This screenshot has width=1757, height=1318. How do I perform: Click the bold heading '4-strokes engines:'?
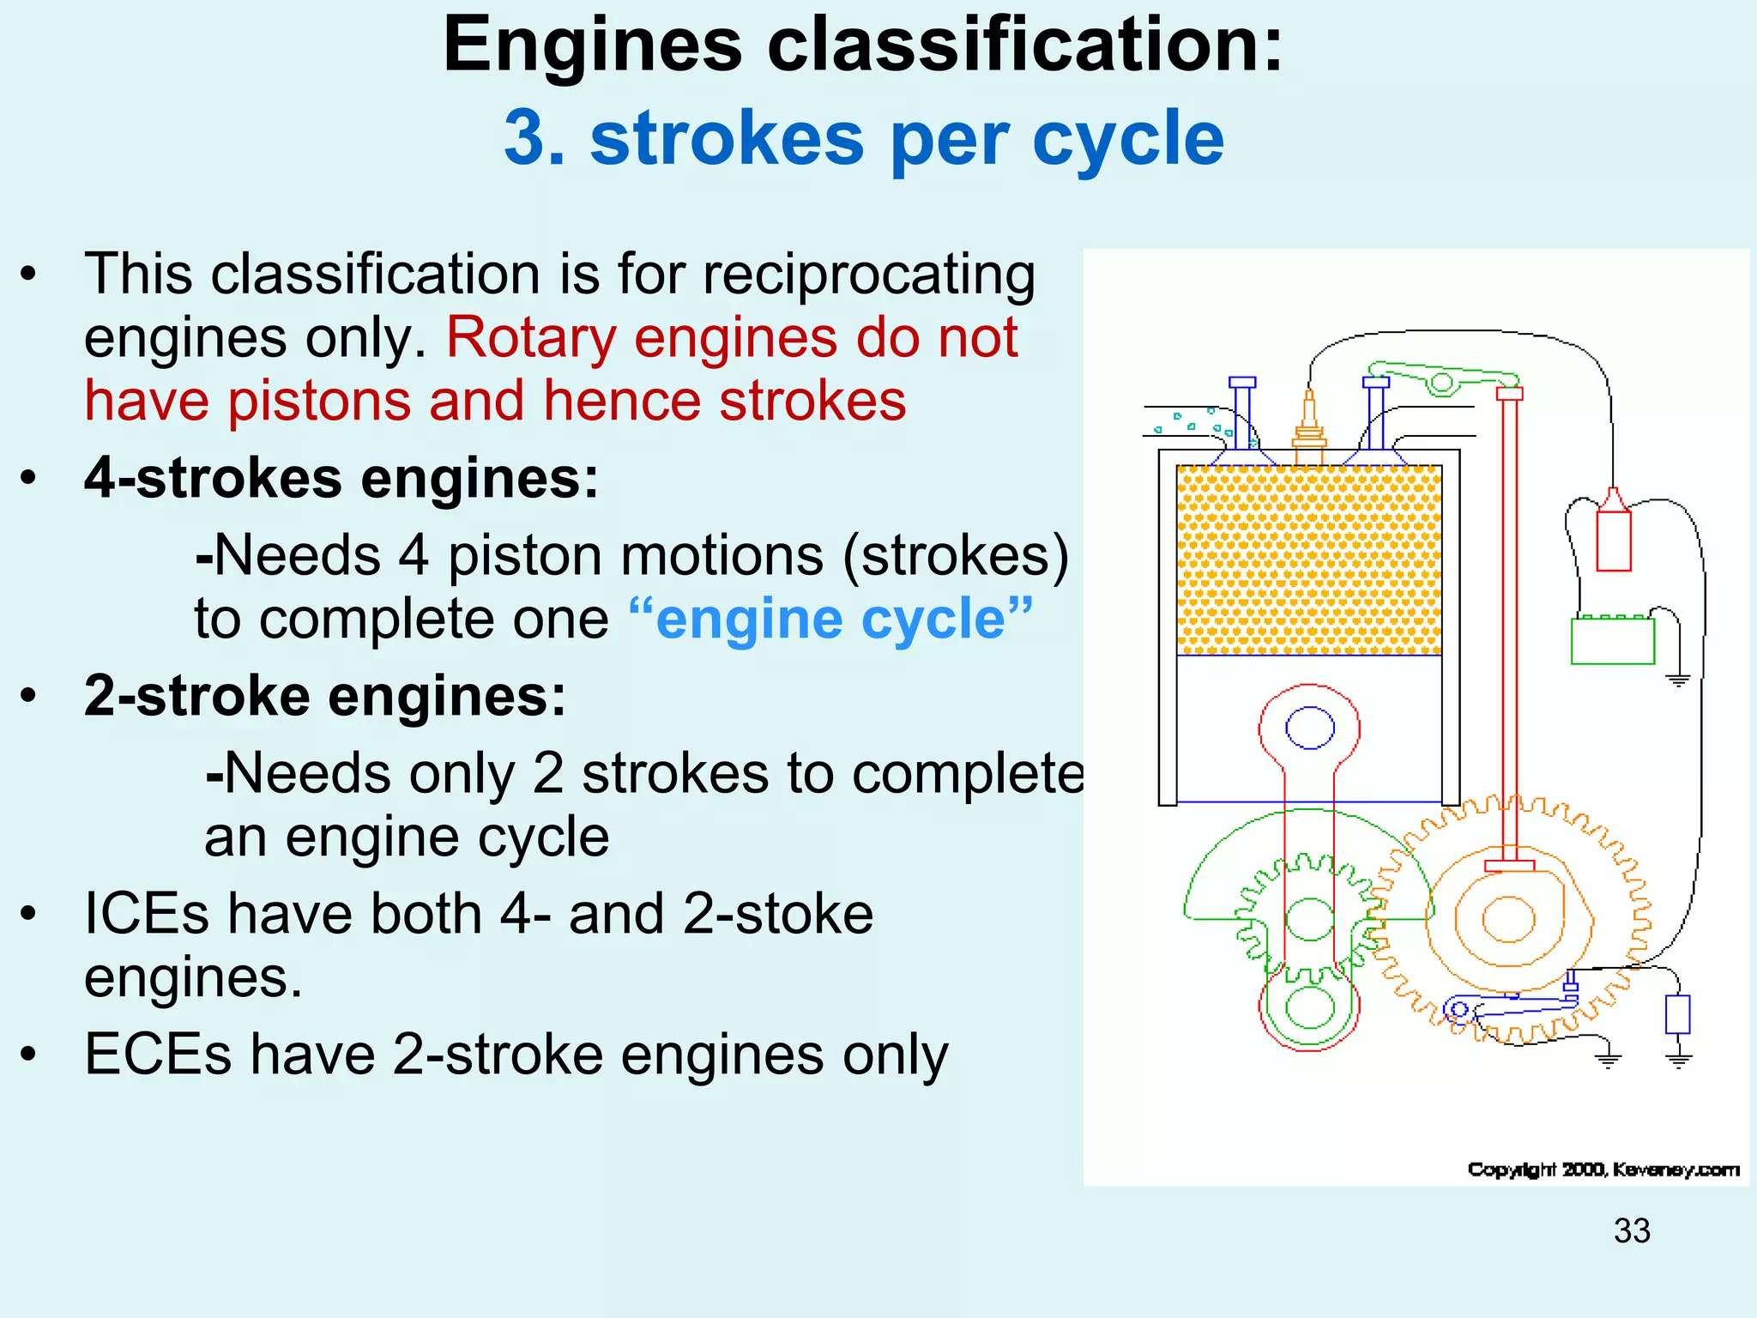(341, 478)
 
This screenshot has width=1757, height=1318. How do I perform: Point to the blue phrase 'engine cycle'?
(830, 620)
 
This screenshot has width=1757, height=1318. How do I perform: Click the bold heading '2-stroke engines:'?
(325, 696)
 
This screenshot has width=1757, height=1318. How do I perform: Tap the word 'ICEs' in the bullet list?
(146, 914)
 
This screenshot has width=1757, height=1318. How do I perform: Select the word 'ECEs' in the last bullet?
(158, 1055)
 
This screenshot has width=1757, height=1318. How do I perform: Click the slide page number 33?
(1632, 1231)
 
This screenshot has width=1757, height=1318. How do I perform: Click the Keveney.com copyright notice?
(1603, 1170)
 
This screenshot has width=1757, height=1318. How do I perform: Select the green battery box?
(1612, 641)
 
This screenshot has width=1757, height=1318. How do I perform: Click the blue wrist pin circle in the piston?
(1309, 729)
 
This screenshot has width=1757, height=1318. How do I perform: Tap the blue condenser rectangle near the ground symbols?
(1677, 1014)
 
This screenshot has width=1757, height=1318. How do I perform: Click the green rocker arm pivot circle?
(1442, 382)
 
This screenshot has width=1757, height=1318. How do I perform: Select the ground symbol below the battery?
(1678, 680)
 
